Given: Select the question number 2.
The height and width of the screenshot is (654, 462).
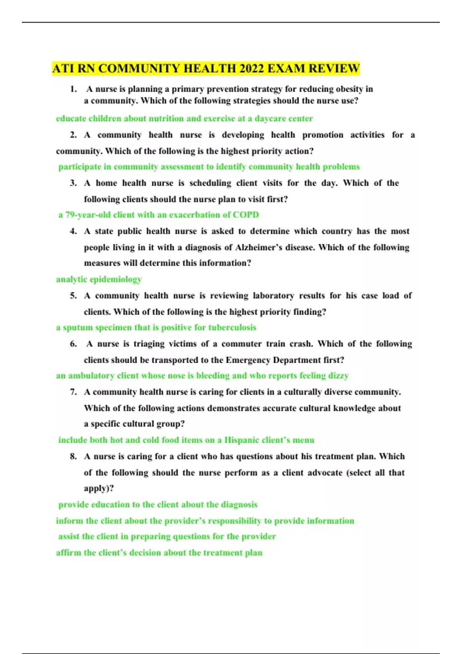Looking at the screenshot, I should tap(73, 135).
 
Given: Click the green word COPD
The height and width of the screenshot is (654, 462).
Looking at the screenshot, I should tap(246, 215).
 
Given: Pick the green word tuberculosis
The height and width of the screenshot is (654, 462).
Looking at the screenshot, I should tap(232, 327).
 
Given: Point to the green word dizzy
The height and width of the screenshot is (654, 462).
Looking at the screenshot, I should tap(339, 375).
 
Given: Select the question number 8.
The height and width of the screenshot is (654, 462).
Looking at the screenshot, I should tap(73, 457).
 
